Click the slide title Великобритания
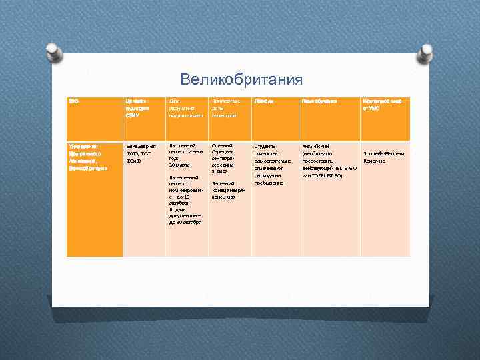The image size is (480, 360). pyautogui.click(x=241, y=80)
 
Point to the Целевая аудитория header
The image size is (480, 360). pyautogui.click(x=136, y=108)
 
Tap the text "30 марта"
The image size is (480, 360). pyautogui.click(x=180, y=165)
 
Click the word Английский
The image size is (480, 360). pyautogui.click(x=315, y=145)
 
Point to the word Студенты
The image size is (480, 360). pyautogui.click(x=265, y=145)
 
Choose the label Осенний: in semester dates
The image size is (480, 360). pyautogui.click(x=222, y=145)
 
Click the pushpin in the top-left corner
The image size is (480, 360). pyautogui.click(x=55, y=50)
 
